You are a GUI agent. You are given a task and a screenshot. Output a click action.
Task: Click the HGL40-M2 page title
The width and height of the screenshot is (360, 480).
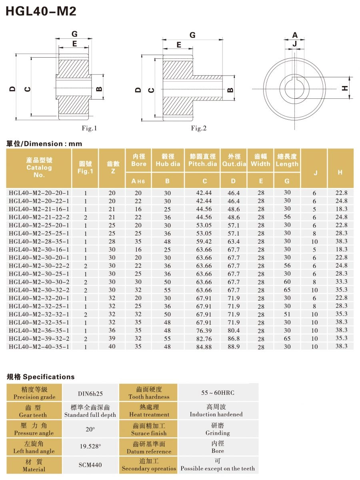(41, 11)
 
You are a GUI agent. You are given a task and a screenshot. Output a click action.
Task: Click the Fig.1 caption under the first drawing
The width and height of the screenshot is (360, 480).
(89, 128)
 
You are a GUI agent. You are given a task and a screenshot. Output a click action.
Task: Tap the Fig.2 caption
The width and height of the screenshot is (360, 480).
(199, 128)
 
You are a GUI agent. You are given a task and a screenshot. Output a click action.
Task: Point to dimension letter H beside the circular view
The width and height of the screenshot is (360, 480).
(345, 88)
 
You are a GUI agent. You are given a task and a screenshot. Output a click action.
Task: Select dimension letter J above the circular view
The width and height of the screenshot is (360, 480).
(295, 44)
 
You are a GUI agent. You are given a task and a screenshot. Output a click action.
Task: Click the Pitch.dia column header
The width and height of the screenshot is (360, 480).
(203, 164)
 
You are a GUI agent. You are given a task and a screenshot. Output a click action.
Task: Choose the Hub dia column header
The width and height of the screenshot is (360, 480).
(168, 164)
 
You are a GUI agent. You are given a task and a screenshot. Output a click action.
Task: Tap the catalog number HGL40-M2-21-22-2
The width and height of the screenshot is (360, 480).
(39, 217)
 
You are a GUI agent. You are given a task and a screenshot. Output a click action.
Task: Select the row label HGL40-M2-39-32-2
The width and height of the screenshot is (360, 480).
(39, 338)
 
